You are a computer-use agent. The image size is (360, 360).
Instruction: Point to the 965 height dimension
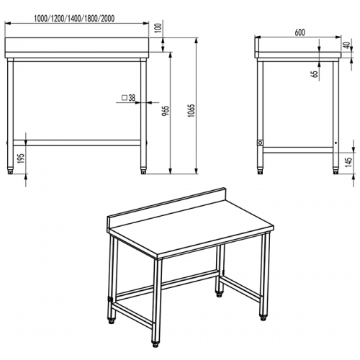click(x=166, y=114)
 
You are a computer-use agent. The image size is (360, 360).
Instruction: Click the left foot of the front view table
click(x=10, y=171)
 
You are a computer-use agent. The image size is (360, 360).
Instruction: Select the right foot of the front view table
click(x=142, y=171)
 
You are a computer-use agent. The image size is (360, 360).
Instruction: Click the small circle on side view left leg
click(x=260, y=143)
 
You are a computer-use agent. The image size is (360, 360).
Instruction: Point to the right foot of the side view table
click(x=334, y=171)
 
